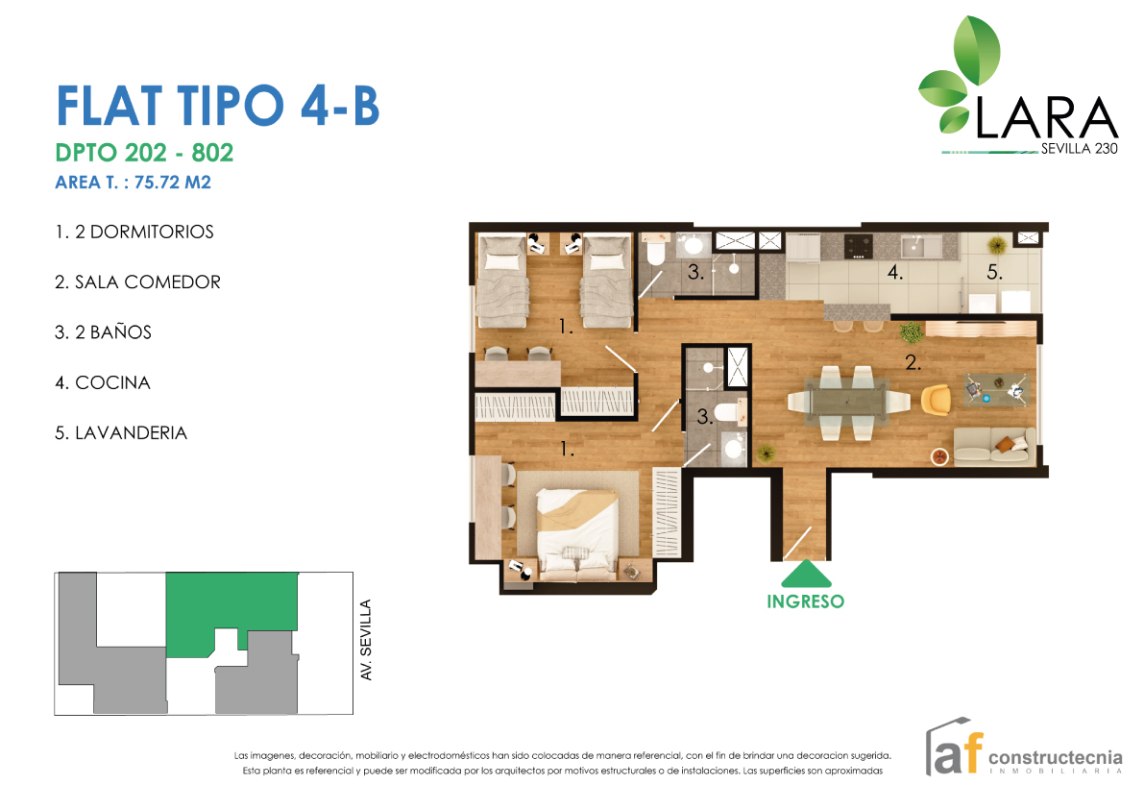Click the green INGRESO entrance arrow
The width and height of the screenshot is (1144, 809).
click(x=806, y=574)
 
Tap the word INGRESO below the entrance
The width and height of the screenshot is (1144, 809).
click(x=806, y=601)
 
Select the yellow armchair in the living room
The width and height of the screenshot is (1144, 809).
click(x=936, y=400)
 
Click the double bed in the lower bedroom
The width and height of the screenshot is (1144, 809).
click(x=577, y=533)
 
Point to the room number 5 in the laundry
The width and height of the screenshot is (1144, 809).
click(x=994, y=273)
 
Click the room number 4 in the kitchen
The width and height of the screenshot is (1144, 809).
click(x=895, y=273)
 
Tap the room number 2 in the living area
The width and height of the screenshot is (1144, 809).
click(x=913, y=362)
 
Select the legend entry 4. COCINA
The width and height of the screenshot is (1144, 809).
click(x=103, y=383)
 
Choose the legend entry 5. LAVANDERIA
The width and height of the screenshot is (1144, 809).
click(x=121, y=433)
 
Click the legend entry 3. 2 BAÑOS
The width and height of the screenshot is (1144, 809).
click(x=103, y=331)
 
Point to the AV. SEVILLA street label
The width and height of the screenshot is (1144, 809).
click(x=366, y=640)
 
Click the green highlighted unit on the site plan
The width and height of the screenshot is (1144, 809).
click(x=231, y=604)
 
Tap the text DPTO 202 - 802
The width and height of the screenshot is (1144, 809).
click(x=144, y=153)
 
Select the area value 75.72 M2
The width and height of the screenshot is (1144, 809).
click(x=173, y=183)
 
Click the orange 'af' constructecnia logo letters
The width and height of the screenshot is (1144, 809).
click(x=958, y=751)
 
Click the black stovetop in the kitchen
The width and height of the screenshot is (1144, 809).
click(x=858, y=247)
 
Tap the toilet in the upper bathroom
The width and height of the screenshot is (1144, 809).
click(x=655, y=252)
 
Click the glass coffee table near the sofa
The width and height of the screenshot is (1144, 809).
click(x=996, y=389)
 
